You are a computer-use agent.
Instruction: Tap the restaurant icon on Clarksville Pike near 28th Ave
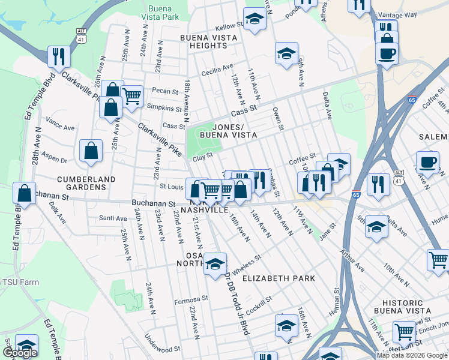59,56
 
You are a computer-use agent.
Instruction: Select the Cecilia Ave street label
219,67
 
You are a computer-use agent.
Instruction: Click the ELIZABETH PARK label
270,278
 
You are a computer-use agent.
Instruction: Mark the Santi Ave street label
113,218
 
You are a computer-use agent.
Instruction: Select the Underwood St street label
163,349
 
